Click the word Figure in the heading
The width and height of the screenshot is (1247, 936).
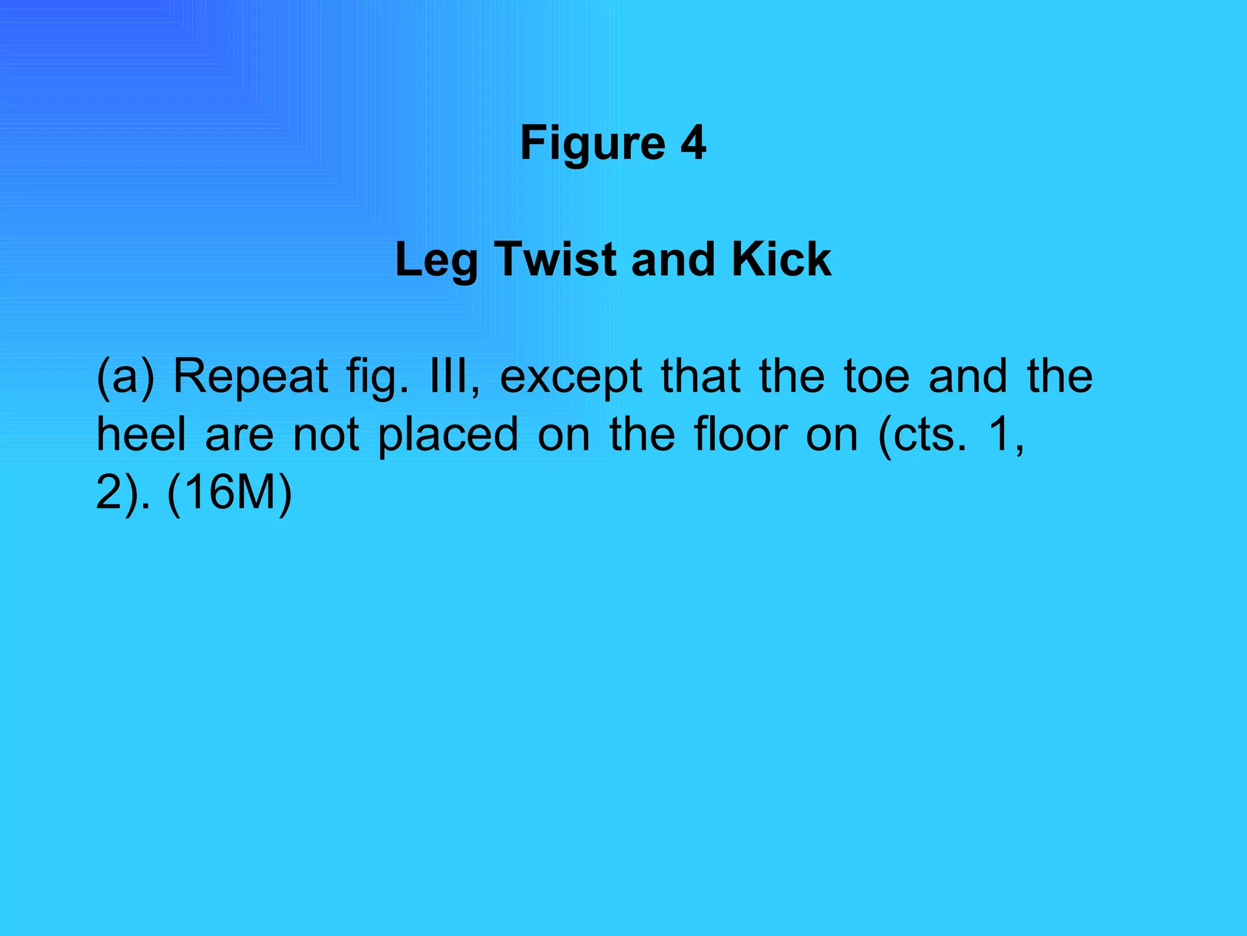pyautogui.click(x=592, y=144)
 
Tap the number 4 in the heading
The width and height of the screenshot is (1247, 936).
pyautogui.click(x=693, y=143)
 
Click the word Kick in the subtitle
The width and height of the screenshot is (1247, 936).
pyautogui.click(x=781, y=259)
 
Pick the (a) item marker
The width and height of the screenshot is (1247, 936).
pyautogui.click(x=125, y=377)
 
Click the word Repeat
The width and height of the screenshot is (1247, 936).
pyautogui.click(x=251, y=377)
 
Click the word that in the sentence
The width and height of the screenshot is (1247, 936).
pyautogui.click(x=701, y=375)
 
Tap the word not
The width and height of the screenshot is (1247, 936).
pyautogui.click(x=326, y=435)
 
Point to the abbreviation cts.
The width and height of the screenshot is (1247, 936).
pyautogui.click(x=930, y=435)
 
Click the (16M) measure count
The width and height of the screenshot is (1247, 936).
pyautogui.click(x=229, y=492)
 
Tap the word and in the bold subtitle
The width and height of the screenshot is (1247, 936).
pyautogui.click(x=672, y=259)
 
